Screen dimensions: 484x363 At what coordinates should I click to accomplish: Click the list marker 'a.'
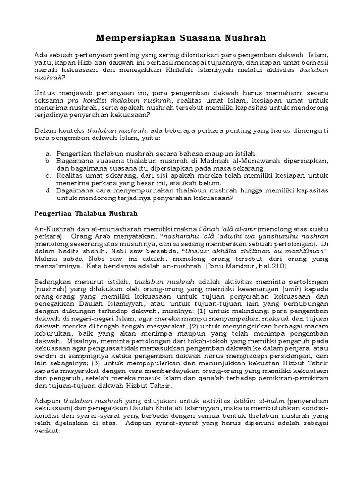[48, 154]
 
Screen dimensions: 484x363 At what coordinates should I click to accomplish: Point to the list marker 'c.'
[48, 176]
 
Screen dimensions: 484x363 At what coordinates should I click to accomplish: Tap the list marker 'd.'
[48, 191]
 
